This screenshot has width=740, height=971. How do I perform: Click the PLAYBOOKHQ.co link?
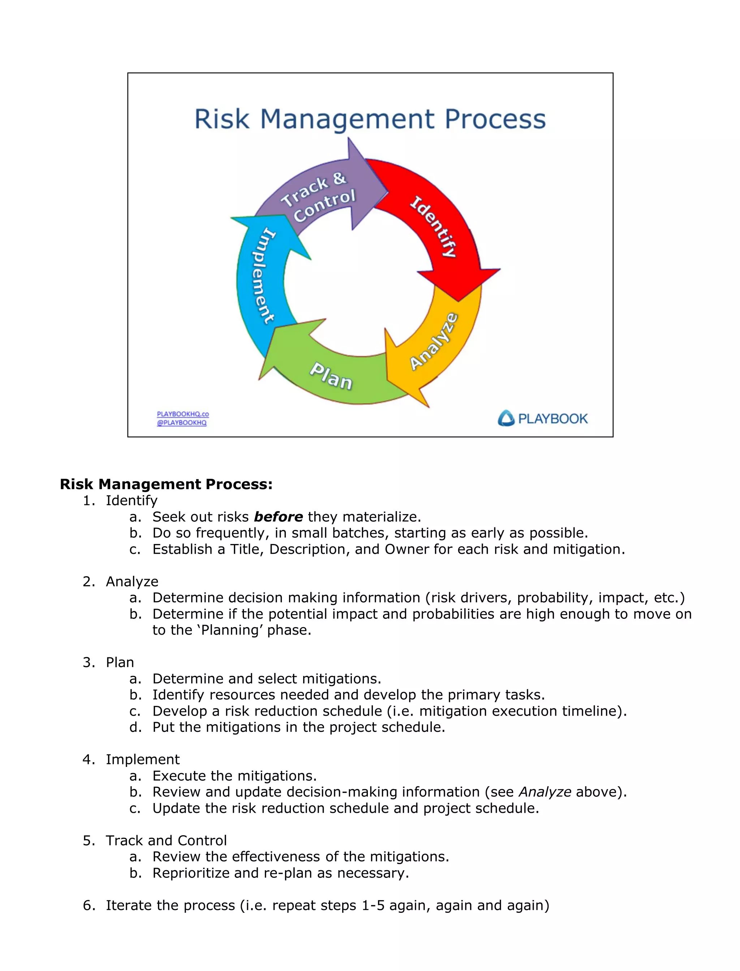tap(183, 414)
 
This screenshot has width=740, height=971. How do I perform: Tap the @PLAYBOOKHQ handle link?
tap(181, 423)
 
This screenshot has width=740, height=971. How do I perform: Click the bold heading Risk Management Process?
tap(166, 484)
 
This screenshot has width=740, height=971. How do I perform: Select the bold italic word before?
tap(278, 517)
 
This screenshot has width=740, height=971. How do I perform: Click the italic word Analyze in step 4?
tap(545, 792)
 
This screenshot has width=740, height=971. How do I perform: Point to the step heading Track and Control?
tap(166, 840)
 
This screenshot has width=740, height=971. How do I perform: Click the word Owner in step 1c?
tap(407, 549)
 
